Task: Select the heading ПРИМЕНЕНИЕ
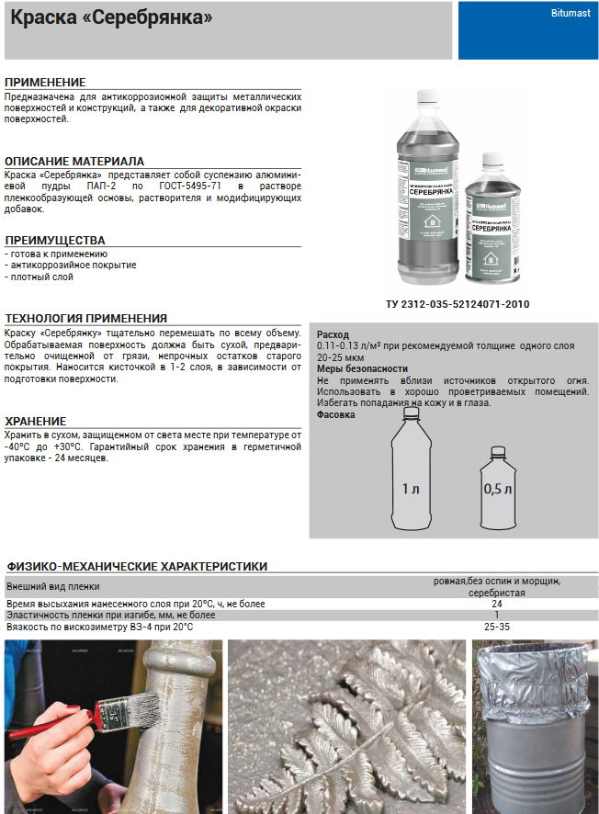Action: [45, 83]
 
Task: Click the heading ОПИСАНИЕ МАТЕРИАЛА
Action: [74, 161]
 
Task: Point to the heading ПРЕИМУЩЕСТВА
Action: [55, 240]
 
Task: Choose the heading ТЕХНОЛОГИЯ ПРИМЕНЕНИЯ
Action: [86, 318]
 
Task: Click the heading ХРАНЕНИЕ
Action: [36, 421]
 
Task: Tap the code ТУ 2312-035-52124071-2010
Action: [458, 304]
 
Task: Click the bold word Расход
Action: [333, 334]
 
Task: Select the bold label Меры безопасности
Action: [362, 368]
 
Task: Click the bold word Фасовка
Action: [336, 414]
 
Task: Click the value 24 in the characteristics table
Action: [497, 604]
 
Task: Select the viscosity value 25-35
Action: [497, 627]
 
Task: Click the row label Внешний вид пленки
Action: [53, 586]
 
